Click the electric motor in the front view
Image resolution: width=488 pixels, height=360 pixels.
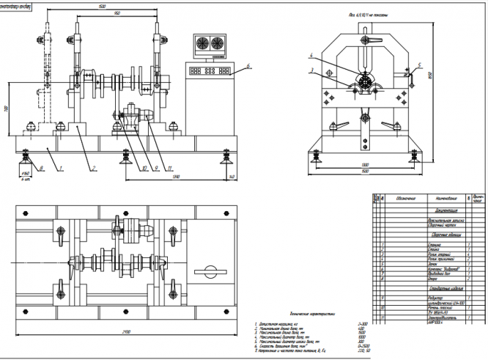click(134, 118)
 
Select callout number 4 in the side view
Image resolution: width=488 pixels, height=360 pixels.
click(311, 55)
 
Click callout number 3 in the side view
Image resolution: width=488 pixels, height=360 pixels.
click(311, 71)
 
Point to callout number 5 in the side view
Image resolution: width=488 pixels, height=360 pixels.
click(419, 65)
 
